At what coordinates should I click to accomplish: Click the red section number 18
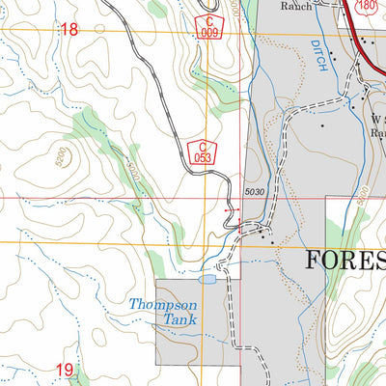pyautogui.click(x=68, y=30)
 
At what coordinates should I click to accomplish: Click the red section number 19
pyautogui.click(x=64, y=370)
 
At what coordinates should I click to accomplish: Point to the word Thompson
pyautogui.click(x=163, y=305)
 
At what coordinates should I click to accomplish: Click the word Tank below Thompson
pyautogui.click(x=179, y=321)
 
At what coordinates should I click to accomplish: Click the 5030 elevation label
pyautogui.click(x=255, y=193)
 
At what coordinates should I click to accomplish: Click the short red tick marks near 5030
pyautogui.click(x=229, y=208)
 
